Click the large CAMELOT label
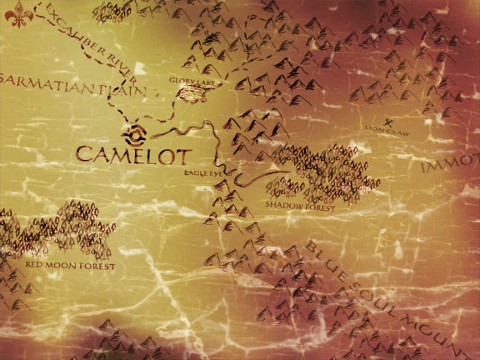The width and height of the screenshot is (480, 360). coord(133,154)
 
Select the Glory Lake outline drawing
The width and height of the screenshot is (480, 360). coord(191,94)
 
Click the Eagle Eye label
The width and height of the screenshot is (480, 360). coord(203,172)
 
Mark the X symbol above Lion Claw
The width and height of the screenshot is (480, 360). coord(388,122)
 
